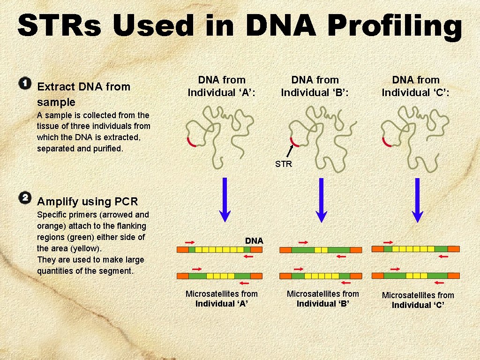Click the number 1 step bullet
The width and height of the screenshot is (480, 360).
pyautogui.click(x=25, y=84)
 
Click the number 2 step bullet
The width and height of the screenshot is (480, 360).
pyautogui.click(x=25, y=197)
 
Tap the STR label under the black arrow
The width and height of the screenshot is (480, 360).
pyautogui.click(x=284, y=164)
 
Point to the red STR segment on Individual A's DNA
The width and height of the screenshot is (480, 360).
pyautogui.click(x=191, y=141)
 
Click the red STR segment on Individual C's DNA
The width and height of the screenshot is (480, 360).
pyautogui.click(x=387, y=142)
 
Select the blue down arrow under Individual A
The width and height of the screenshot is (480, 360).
pyautogui.click(x=225, y=199)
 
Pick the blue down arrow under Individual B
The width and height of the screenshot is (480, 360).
pyautogui.click(x=321, y=199)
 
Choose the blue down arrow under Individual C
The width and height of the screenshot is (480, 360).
pyautogui.click(x=417, y=199)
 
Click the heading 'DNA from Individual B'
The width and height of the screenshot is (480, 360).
pyautogui.click(x=315, y=86)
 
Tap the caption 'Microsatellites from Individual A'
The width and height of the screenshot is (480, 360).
pyautogui.click(x=222, y=299)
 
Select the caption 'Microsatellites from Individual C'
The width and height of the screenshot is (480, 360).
pyautogui.click(x=418, y=300)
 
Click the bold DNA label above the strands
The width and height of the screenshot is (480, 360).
pyautogui.click(x=254, y=240)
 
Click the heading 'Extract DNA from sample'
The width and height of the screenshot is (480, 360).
pyautogui.click(x=83, y=94)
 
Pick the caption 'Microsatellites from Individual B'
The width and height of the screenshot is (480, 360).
pyautogui.click(x=322, y=299)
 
